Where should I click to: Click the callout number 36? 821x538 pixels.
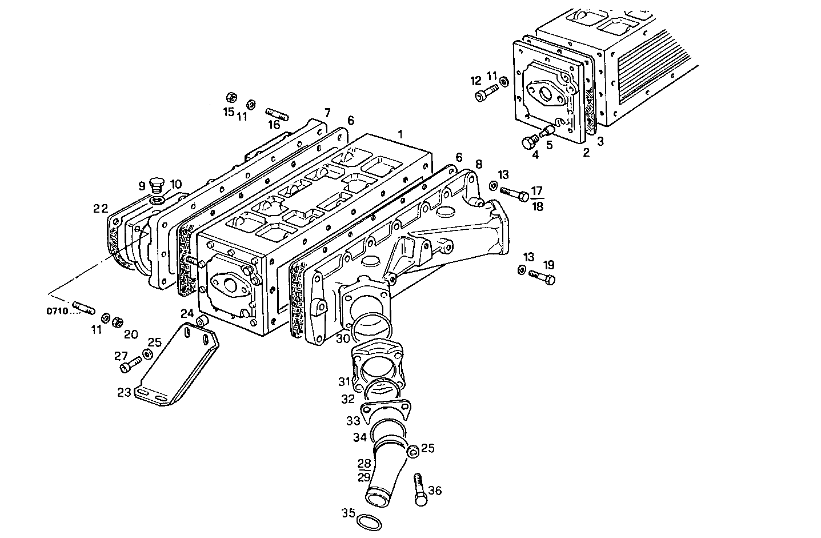[x=435, y=491]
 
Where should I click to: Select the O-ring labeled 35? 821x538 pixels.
[x=369, y=521]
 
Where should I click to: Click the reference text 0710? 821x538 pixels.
[x=57, y=312]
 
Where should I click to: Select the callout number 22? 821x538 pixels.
[x=101, y=209]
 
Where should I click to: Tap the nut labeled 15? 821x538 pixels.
[x=231, y=96]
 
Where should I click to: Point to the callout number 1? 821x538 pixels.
[x=401, y=134]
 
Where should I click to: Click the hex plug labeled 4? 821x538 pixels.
[x=530, y=142]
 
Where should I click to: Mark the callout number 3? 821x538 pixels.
[x=600, y=141]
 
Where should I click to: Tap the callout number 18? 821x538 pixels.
[x=537, y=206]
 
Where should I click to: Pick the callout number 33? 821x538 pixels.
[x=353, y=420]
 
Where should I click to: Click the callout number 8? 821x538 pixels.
[x=479, y=165]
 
